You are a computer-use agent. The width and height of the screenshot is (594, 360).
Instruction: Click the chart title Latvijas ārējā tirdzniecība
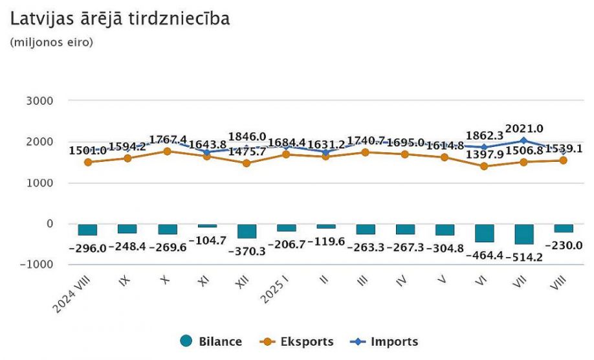[x=120, y=19]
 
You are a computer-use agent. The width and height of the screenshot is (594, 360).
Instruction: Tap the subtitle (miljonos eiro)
[x=52, y=43]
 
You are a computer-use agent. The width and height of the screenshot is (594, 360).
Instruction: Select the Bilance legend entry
[x=211, y=342]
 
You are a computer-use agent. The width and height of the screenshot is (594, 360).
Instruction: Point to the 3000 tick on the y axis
[x=40, y=101]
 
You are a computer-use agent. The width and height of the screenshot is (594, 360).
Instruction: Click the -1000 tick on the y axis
[x=36, y=265]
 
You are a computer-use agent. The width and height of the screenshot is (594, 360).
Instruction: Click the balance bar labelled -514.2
[x=523, y=234]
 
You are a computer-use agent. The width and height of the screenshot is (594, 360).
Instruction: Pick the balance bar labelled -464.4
[x=484, y=233]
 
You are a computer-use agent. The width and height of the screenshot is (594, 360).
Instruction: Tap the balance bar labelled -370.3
[x=247, y=231]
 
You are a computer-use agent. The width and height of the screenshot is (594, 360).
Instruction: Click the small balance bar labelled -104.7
[x=207, y=226]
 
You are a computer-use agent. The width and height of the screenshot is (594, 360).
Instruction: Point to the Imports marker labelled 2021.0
[x=523, y=141]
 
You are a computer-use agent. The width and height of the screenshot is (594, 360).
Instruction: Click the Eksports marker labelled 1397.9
[x=484, y=166]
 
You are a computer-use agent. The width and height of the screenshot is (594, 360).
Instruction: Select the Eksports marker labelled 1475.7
[x=247, y=163]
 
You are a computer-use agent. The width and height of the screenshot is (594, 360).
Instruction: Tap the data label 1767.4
[x=168, y=140]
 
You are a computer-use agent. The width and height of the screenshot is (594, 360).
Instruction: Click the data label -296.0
[x=87, y=248]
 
